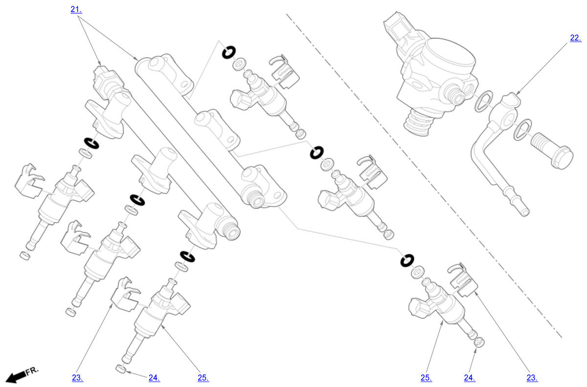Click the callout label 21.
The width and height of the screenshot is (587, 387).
(76, 9)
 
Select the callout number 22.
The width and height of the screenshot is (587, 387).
(576, 38)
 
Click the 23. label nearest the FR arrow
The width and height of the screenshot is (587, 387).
(77, 378)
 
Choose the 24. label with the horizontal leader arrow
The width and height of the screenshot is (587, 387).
(154, 378)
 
